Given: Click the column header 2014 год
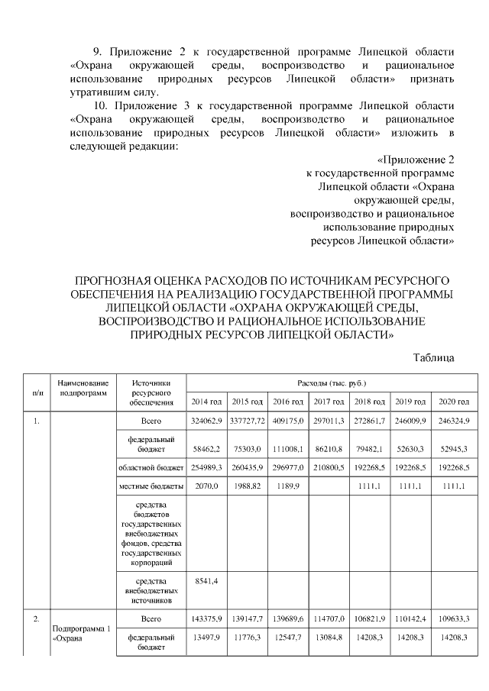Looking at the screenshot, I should point(206,402).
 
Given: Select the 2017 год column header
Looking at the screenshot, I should point(329,402).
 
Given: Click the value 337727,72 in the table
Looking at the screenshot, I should point(247,421).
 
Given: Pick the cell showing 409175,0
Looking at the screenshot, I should point(289,421).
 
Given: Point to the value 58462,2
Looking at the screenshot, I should point(206,450).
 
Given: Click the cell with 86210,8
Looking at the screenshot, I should point(329,450).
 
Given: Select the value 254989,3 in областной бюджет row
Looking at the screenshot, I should point(206,467).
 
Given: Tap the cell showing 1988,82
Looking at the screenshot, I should point(247,486).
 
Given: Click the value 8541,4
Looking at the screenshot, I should point(205,581).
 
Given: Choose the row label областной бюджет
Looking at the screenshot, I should point(151,467).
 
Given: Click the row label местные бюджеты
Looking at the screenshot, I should point(151,486).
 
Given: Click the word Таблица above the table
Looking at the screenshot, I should point(434,357).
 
